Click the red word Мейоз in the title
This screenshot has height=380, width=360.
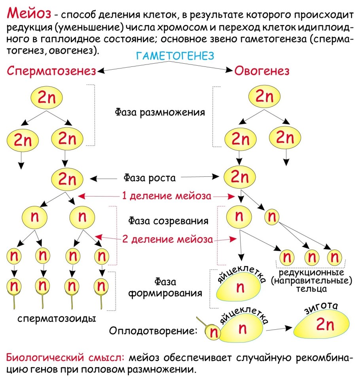pyautogui.click(x=29, y=14)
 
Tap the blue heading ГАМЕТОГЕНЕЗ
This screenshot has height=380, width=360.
pyautogui.click(x=174, y=56)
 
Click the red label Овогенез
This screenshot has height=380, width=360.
pyautogui.click(x=261, y=71)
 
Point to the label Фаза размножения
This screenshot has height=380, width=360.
pyautogui.click(x=160, y=112)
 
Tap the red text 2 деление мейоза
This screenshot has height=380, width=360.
pyautogui.click(x=167, y=239)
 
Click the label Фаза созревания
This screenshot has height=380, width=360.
pyautogui.click(x=168, y=220)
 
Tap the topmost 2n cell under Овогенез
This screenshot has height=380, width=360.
pyautogui.click(x=265, y=96)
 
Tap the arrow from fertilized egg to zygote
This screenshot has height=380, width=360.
pyautogui.click(x=279, y=328)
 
